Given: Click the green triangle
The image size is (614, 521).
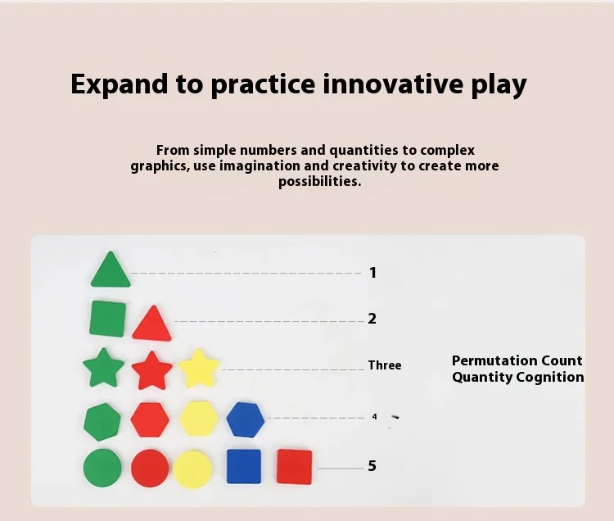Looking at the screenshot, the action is pyautogui.click(x=111, y=272).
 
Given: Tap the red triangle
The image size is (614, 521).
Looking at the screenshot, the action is pyautogui.click(x=152, y=325).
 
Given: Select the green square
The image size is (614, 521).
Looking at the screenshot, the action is pyautogui.click(x=108, y=319).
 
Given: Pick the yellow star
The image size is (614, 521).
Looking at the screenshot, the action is pyautogui.click(x=199, y=369).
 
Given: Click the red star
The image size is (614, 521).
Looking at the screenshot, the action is pyautogui.click(x=151, y=370).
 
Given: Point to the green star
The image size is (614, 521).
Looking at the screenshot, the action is pyautogui.click(x=104, y=368).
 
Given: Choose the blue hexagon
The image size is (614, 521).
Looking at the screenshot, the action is pyautogui.click(x=246, y=419).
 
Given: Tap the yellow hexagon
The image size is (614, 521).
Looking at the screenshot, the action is pyautogui.click(x=199, y=419).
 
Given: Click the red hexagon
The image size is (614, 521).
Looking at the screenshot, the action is pyautogui.click(x=150, y=419).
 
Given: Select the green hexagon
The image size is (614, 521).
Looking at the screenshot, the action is pyautogui.click(x=102, y=422).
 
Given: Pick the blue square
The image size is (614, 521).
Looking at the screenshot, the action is pyautogui.click(x=244, y=466).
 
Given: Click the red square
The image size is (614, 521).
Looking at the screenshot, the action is pyautogui.click(x=295, y=467).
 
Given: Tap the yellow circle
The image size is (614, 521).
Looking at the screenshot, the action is pyautogui.click(x=192, y=469).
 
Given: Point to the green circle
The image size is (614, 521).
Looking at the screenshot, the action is pyautogui.click(x=102, y=468).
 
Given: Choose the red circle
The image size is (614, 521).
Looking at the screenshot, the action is pyautogui.click(x=150, y=469).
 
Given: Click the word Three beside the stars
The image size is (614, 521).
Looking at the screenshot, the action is pyautogui.click(x=385, y=365).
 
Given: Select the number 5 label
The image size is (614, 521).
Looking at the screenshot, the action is pyautogui.click(x=372, y=466).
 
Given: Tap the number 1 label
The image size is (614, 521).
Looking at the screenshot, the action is pyautogui.click(x=372, y=273).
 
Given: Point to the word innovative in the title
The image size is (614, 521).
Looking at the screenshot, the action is pyautogui.click(x=393, y=84).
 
